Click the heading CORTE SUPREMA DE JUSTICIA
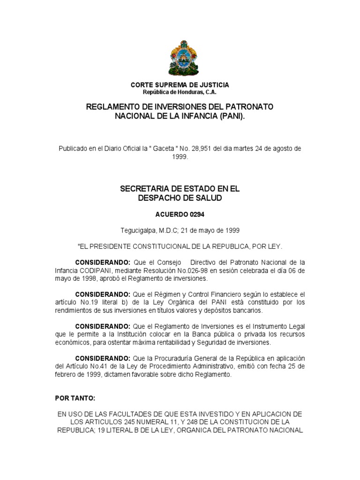coord(180,85)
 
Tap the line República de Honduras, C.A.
coord(180,92)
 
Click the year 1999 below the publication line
coord(180,157)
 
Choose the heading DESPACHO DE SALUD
coord(180,198)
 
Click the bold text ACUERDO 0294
coord(180,215)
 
